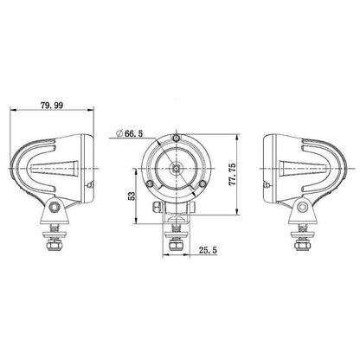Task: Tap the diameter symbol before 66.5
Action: [118, 133]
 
